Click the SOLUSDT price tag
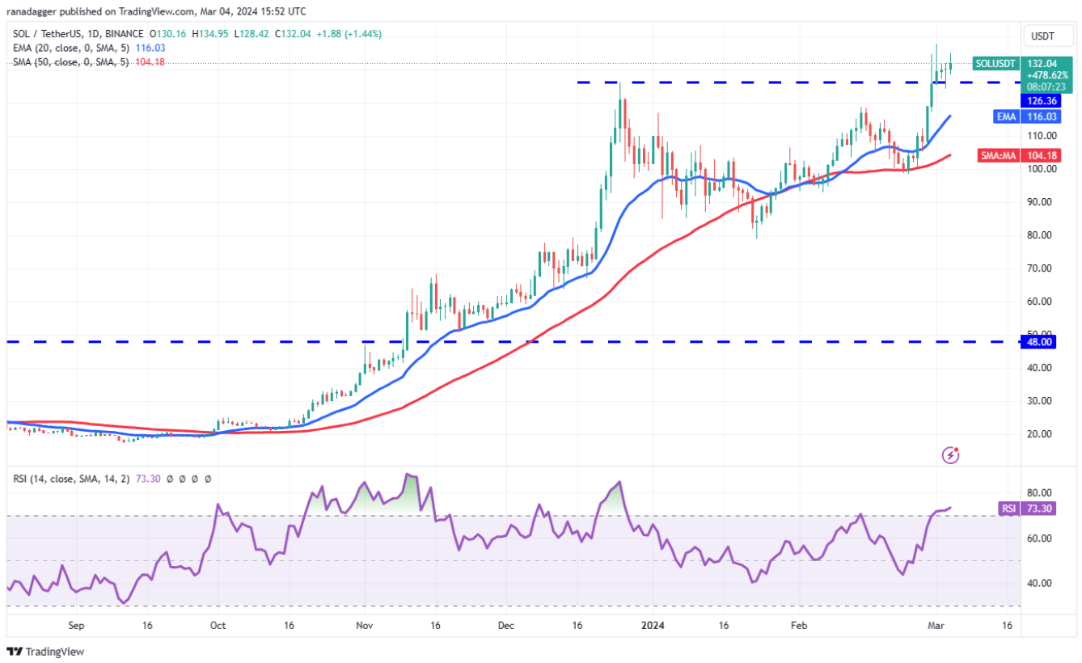[995, 63]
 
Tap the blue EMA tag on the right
[1005, 116]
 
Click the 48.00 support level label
[1040, 342]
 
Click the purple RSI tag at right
[1007, 509]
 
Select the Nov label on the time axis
[364, 626]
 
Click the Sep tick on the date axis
[77, 626]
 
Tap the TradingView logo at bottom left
[46, 652]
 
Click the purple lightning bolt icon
[951, 456]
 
